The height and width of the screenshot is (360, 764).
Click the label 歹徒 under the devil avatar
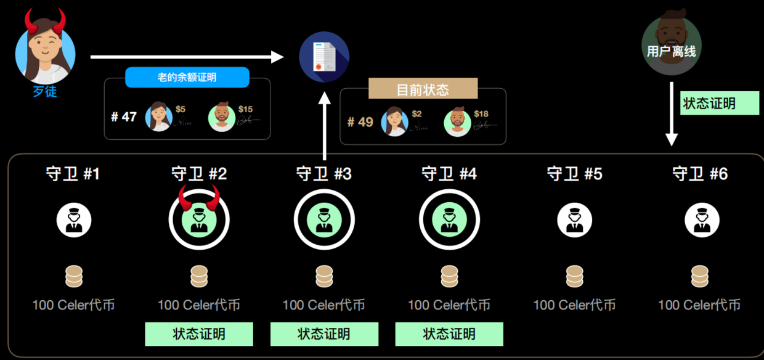point(45,92)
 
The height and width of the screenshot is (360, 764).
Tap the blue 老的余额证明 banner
point(187,78)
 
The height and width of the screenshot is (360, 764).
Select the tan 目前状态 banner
point(423,89)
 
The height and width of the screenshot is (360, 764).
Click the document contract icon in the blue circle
point(324,57)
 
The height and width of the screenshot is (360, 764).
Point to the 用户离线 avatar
point(672,46)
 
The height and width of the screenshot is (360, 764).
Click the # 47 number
point(124,117)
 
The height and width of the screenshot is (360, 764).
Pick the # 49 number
point(360,121)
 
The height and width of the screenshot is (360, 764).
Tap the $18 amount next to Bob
point(481,114)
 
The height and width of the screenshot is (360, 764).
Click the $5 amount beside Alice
point(181,109)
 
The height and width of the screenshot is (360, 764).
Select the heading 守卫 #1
point(73,174)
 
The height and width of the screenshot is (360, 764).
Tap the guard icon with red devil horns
point(199,219)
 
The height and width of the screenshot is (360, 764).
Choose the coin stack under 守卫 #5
point(574,277)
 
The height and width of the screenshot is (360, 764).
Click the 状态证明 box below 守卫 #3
point(324,334)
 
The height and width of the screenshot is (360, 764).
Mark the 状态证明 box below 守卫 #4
point(449,334)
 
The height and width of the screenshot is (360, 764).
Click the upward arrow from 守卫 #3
point(325,123)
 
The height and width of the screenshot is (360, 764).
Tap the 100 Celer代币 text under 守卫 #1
point(73,305)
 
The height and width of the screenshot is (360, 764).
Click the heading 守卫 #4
point(449,174)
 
